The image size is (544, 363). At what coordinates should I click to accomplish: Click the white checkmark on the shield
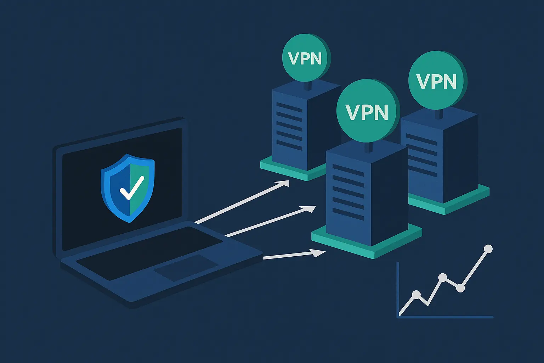[131, 188]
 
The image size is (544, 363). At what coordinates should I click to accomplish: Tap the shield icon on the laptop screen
[127, 188]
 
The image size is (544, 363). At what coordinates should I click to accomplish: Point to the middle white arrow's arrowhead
[310, 208]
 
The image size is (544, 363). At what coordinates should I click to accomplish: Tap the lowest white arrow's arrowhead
[319, 252]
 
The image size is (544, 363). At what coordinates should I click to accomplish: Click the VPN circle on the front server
[367, 112]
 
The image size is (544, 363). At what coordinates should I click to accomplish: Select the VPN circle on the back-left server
[306, 58]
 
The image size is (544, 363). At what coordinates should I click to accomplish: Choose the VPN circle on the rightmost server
[437, 81]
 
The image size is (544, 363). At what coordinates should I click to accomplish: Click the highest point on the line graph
[488, 249]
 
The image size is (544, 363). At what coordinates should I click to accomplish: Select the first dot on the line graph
[416, 294]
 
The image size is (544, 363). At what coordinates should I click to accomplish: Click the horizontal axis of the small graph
[446, 317]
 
